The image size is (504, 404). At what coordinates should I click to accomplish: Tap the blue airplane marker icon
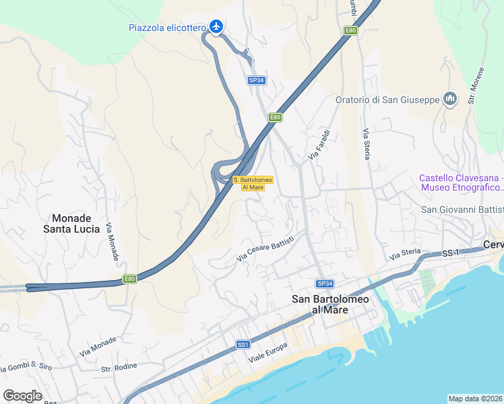216,27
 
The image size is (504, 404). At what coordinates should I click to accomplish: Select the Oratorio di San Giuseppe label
387,100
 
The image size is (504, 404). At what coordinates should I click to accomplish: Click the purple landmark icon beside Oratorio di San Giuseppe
450,100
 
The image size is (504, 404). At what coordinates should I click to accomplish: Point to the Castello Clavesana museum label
462,182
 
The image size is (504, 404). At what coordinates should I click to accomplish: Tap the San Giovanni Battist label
462,209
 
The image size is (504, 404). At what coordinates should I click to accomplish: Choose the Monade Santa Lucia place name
76,224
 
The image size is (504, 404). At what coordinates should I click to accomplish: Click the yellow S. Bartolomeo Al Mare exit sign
253,183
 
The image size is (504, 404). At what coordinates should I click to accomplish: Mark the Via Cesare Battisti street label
265,248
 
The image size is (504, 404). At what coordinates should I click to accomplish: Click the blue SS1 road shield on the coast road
244,345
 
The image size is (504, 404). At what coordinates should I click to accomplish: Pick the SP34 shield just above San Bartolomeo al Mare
325,283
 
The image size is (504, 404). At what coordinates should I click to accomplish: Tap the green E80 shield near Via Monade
129,279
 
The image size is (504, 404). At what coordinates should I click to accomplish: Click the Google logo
22,396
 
